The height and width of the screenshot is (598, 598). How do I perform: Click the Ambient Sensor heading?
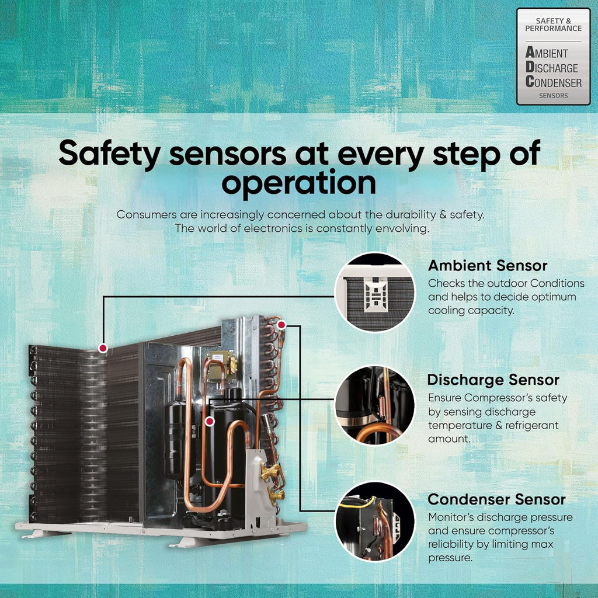[x=488, y=266]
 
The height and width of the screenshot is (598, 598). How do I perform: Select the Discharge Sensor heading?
[x=493, y=380]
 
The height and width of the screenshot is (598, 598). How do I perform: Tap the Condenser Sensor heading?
[x=496, y=499]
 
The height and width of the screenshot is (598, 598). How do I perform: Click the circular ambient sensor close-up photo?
[x=374, y=292]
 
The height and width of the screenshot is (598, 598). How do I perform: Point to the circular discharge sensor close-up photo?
[x=374, y=405]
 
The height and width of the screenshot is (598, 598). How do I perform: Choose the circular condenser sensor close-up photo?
[x=374, y=521]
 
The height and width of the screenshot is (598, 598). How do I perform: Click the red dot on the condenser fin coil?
[x=103, y=348]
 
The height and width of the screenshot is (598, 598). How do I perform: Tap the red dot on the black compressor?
[x=210, y=422]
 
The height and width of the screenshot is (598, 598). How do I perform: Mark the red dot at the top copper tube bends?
[x=281, y=325]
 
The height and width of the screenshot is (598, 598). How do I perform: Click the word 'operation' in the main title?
[x=298, y=183]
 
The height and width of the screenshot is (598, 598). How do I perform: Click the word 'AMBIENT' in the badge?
[x=547, y=52]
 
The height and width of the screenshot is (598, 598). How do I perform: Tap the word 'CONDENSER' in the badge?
[x=554, y=82]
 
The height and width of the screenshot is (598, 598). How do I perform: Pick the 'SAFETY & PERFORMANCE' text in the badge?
[x=554, y=25]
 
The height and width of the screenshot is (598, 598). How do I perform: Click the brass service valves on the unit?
[x=272, y=482]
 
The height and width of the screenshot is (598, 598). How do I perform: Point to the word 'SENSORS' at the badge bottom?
[x=554, y=96]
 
